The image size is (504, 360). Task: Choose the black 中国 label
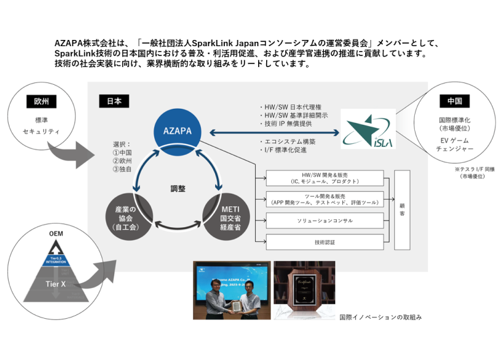tap(455, 101)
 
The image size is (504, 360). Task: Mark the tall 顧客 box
tap(402, 209)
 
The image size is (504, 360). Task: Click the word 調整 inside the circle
tap(178, 190)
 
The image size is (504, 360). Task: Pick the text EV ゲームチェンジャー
tap(455, 145)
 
